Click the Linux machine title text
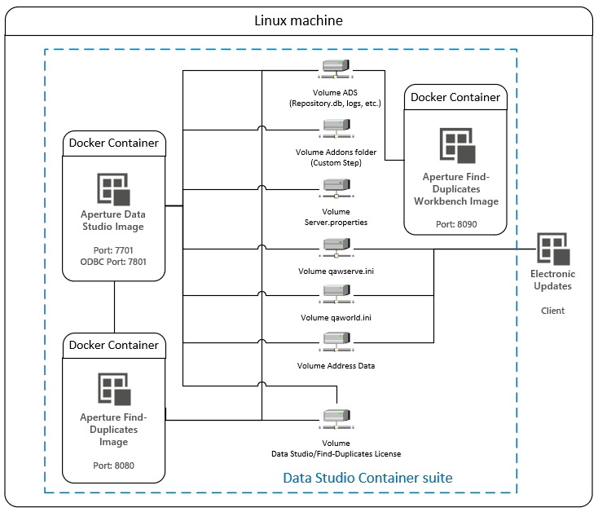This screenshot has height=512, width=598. tap(299, 20)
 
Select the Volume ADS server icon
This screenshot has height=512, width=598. tap(336, 71)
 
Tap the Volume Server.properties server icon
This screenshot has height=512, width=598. tap(336, 186)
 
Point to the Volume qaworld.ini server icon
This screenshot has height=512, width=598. tap(336, 293)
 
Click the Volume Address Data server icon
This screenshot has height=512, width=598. tap(336, 342)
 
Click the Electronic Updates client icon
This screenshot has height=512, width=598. tap(552, 248)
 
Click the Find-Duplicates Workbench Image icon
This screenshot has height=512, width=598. tap(455, 146)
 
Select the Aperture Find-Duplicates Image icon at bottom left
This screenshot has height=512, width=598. tap(114, 389)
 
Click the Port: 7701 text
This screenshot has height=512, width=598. tap(114, 249)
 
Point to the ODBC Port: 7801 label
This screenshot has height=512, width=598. tap(114, 262)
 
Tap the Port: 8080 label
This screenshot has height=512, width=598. tap(114, 465)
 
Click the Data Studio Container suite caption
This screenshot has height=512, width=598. tap(367, 477)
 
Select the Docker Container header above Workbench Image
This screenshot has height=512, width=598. tap(455, 97)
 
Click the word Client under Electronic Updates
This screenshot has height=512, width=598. tap(552, 311)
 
